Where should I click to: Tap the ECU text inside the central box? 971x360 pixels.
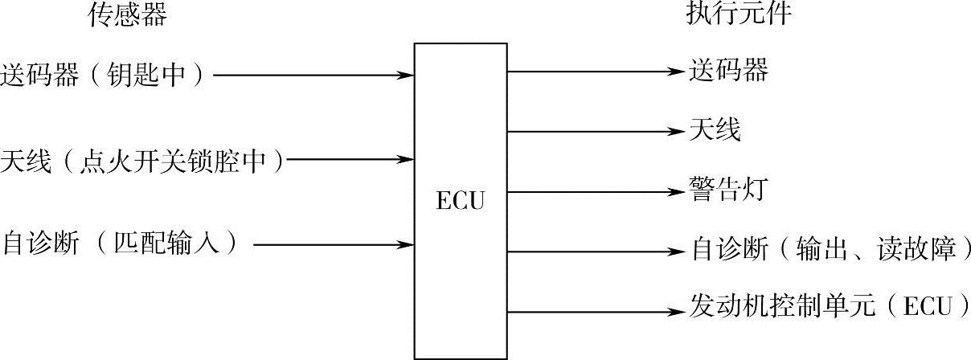461,200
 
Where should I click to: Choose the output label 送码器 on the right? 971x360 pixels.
729,72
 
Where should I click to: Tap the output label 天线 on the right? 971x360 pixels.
715,130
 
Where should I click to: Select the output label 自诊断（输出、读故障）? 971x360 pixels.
830,251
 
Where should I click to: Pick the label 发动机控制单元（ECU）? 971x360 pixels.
829,310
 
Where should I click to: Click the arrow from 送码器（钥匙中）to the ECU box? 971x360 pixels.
313,76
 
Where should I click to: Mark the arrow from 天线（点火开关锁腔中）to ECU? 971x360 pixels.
350,160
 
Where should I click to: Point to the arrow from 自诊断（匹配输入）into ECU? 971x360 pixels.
334,243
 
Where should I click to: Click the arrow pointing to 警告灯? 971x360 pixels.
595,191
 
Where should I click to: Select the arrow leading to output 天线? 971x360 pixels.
595,131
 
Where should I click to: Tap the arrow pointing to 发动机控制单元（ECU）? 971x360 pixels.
595,311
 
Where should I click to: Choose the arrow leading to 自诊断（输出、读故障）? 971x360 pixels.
595,252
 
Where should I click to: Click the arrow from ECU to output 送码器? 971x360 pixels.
595,72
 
